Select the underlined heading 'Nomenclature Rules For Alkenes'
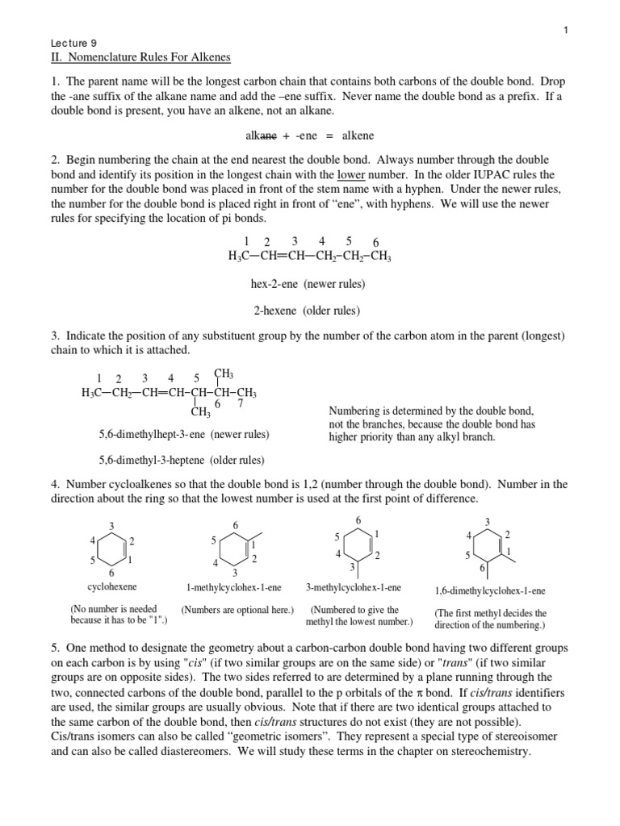pos(145,57)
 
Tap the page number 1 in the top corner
pos(566,30)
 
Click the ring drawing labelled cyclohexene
pos(110,549)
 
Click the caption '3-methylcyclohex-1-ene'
pos(354,587)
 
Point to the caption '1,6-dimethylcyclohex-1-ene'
pos(490,590)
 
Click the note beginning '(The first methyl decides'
pos(490,619)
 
